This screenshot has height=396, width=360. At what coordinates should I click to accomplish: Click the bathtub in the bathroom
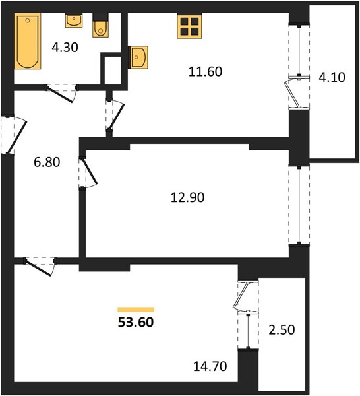click(28, 41)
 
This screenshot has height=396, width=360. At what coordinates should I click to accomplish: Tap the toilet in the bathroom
click(100, 25)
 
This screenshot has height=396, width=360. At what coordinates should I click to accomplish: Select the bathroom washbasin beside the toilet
click(74, 20)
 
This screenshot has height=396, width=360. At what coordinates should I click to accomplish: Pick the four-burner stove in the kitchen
click(189, 26)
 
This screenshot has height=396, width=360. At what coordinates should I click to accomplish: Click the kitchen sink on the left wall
click(138, 57)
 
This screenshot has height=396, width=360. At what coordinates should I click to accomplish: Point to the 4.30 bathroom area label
click(65, 48)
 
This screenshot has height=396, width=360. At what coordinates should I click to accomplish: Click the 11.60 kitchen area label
click(205, 71)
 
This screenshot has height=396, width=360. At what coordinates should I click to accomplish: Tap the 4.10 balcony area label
click(332, 77)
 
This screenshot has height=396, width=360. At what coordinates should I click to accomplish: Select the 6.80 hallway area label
click(47, 162)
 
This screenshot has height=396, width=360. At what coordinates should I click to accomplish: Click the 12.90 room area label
click(187, 197)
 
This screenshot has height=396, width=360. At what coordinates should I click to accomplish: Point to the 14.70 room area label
click(210, 366)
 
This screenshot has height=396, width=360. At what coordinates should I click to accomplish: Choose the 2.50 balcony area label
click(282, 330)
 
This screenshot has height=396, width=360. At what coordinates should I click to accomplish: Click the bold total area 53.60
click(136, 322)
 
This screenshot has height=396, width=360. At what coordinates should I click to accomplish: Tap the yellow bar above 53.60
click(136, 310)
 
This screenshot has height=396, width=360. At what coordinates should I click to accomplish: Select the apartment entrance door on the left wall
click(16, 137)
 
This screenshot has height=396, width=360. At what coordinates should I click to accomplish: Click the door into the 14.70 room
click(38, 268)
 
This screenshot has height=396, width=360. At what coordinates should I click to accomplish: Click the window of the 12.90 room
click(299, 205)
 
